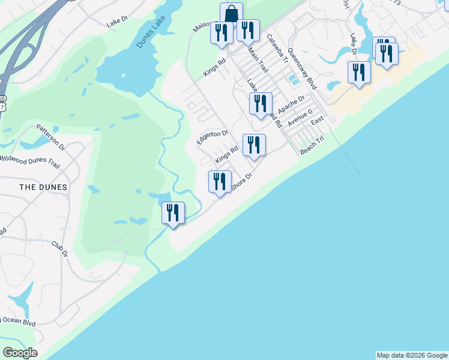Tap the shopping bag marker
pyautogui.click(x=231, y=14)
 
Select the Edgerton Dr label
pyautogui.click(x=213, y=137)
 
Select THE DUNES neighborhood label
pyautogui.click(x=43, y=187)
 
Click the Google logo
pyautogui.click(x=20, y=353)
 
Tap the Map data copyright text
pyautogui.click(x=412, y=355)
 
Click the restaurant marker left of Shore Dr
pyautogui.click(x=220, y=182)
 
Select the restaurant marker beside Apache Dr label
pyautogui.click(x=261, y=104)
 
